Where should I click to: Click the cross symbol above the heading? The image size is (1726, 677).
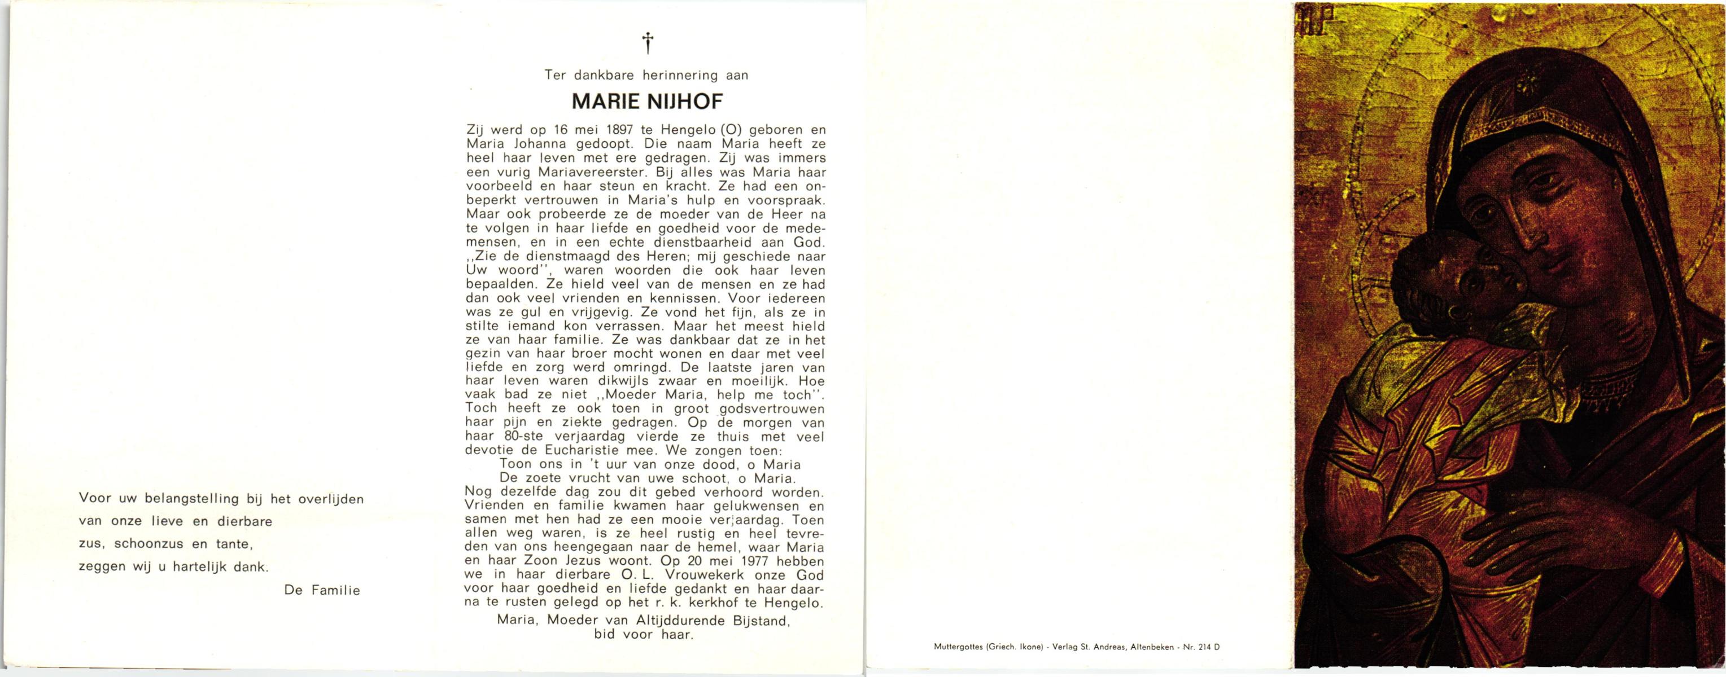click(x=647, y=43)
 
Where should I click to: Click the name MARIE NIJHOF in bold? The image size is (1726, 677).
click(x=646, y=102)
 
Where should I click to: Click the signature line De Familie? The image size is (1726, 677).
click(x=322, y=590)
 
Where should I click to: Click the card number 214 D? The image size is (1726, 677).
click(x=1209, y=647)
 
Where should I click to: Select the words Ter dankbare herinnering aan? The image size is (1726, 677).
click(x=646, y=75)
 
